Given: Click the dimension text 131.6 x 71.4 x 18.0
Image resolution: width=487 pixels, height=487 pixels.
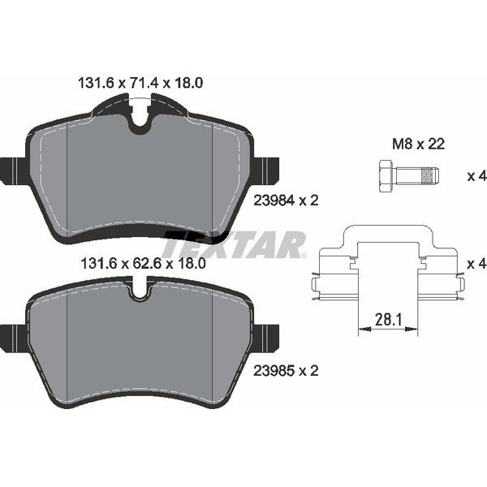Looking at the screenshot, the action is [x=140, y=83].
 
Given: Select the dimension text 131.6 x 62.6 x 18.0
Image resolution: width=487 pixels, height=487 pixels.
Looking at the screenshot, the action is [x=143, y=264].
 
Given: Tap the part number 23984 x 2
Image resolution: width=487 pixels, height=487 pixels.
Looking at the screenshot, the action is [x=286, y=200].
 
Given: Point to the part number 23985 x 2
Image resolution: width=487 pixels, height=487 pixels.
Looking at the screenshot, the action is [x=286, y=371].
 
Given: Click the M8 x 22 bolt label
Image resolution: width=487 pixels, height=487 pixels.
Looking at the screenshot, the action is [x=418, y=144].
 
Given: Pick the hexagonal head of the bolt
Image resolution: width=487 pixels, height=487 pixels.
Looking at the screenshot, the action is [x=386, y=176].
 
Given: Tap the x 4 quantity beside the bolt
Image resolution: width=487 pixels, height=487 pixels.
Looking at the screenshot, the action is [x=477, y=176].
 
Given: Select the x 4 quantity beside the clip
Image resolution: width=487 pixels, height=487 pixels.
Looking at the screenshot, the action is [x=477, y=264].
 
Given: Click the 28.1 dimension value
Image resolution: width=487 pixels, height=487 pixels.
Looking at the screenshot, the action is [x=388, y=319].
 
